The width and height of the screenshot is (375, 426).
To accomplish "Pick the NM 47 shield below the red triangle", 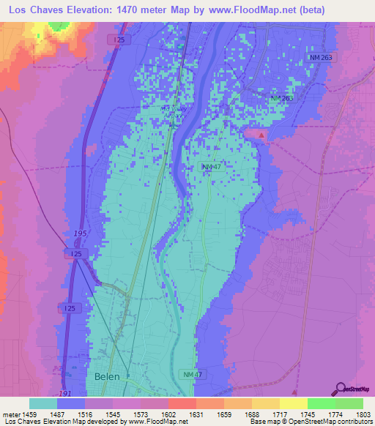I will coord(212,168).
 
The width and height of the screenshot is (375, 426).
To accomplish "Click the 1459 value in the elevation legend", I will coord(29,414).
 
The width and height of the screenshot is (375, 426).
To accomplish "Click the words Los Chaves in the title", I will coord(34,10).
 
